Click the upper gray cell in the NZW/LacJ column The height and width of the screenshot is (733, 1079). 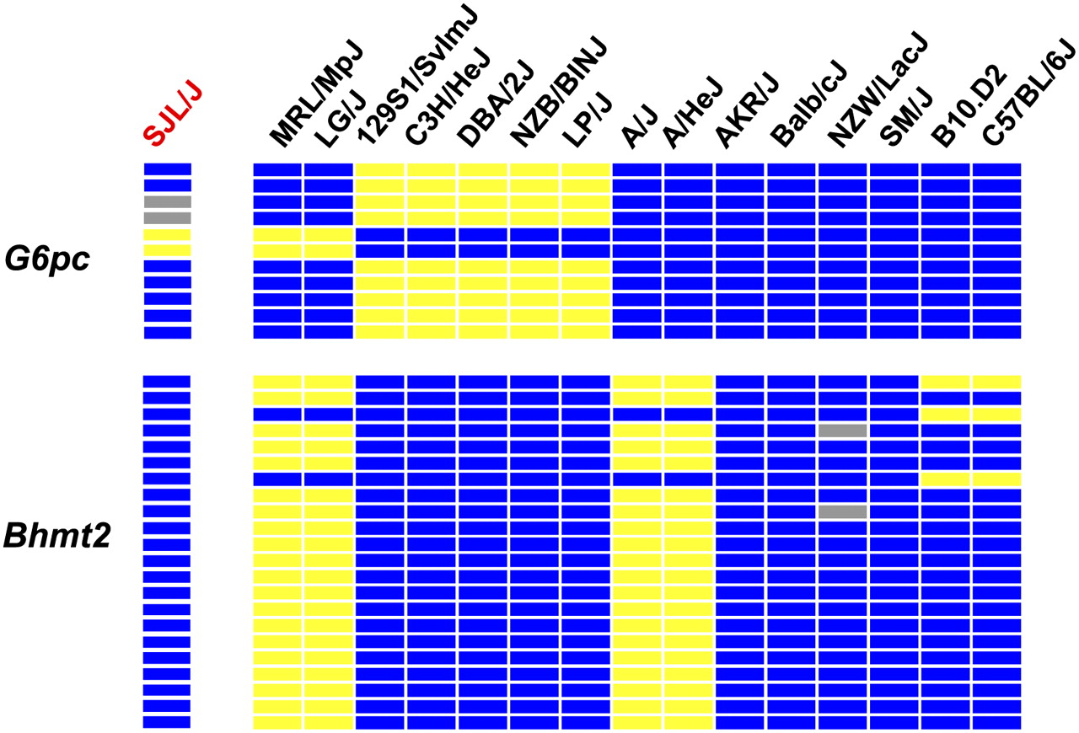click(842, 431)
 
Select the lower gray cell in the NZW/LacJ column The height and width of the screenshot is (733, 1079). click(842, 511)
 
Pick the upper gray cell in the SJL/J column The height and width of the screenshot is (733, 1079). click(168, 201)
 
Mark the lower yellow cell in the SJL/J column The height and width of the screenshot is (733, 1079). click(168, 250)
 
